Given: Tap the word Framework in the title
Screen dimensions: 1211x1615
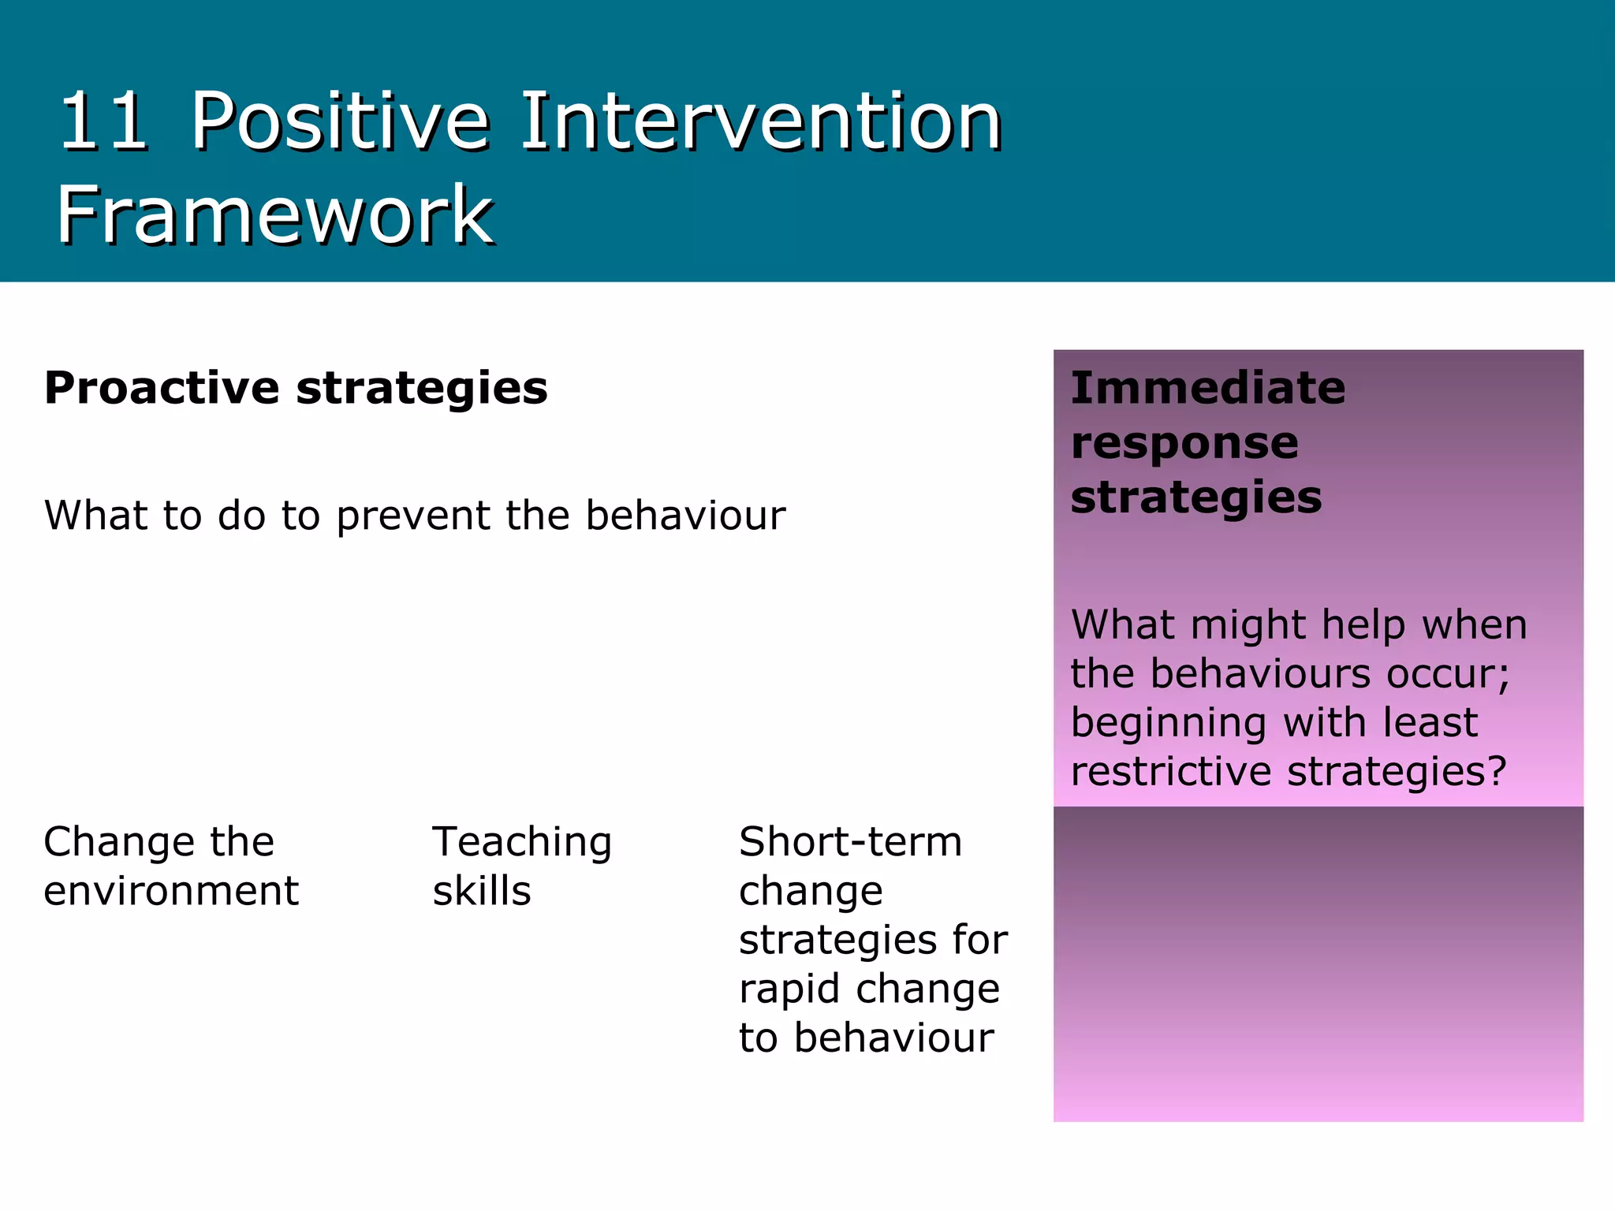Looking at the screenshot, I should (274, 214).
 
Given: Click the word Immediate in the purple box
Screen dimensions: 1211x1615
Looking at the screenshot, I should (1207, 388).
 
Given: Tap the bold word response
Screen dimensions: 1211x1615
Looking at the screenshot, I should (1184, 442).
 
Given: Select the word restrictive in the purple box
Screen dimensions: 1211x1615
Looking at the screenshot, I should (1170, 771).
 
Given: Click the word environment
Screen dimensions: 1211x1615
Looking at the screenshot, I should (171, 891).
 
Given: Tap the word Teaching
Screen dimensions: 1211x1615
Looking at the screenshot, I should (522, 842).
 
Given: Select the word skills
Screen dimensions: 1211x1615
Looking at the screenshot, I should (481, 891).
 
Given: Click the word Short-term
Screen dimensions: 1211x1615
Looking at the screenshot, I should (850, 842).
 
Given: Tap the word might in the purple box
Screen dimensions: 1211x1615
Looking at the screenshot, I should (1248, 625).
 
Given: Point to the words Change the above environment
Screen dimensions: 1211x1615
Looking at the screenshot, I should (159, 842).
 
